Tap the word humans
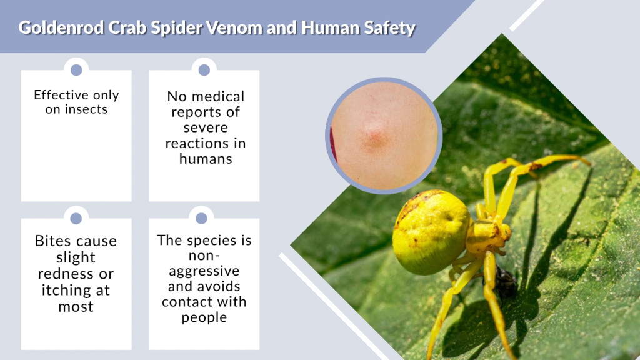click(x=206, y=159)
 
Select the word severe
click(x=206, y=127)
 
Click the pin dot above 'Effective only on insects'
click(x=76, y=69)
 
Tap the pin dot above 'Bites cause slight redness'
click(x=76, y=218)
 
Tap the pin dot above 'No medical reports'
click(x=204, y=69)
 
